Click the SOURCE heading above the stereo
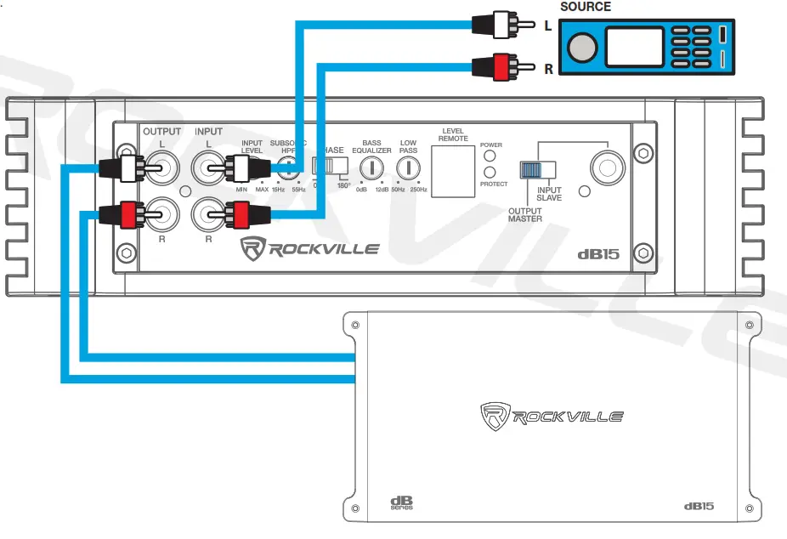click(x=585, y=7)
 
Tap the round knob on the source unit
click(x=582, y=47)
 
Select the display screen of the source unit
click(x=634, y=47)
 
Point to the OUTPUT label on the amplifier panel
click(x=161, y=132)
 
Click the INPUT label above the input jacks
click(x=208, y=132)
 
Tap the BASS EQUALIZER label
click(x=371, y=146)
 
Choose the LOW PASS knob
click(x=408, y=168)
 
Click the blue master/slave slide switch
click(x=530, y=169)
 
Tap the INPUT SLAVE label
click(x=549, y=194)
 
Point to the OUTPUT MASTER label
click(x=525, y=214)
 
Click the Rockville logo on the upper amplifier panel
click(x=310, y=249)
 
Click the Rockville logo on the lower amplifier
click(x=552, y=416)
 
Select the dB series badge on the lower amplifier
click(x=401, y=502)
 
